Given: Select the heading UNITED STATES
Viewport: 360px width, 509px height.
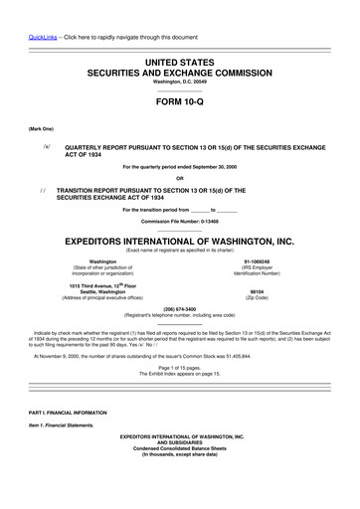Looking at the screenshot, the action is coord(180,63).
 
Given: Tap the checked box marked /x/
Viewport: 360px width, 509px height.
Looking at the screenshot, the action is coord(47,144).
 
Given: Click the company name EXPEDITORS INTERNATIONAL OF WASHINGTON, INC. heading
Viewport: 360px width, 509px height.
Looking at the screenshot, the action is coord(180,242).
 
